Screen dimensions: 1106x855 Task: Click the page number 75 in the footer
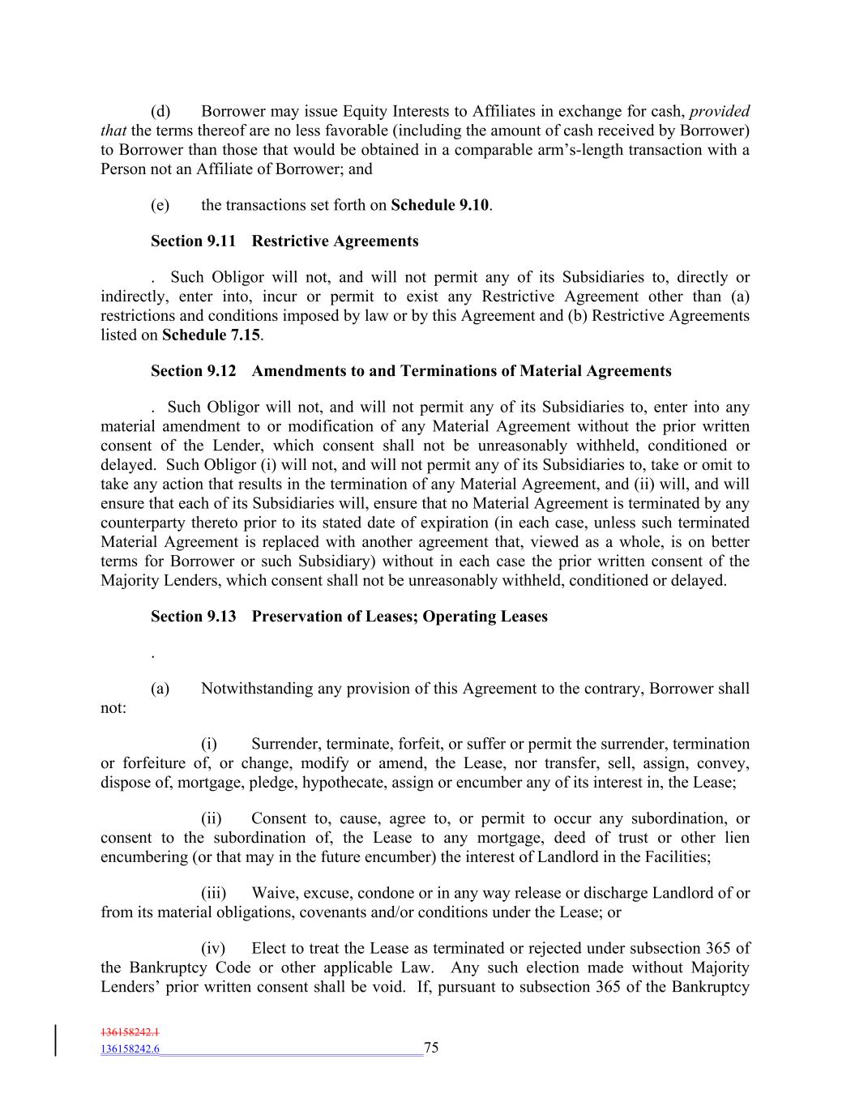pyautogui.click(x=431, y=1048)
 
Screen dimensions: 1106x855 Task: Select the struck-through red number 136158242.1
pyautogui.click(x=130, y=1032)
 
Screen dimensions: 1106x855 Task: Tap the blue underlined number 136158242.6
pyautogui.click(x=130, y=1049)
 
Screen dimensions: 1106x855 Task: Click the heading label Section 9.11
pyautogui.click(x=193, y=241)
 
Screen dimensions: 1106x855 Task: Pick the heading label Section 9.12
pyautogui.click(x=193, y=371)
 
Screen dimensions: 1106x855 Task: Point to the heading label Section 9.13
pyautogui.click(x=193, y=617)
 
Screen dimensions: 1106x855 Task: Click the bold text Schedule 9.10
pyautogui.click(x=440, y=205)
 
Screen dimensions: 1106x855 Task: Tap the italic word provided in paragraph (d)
pyautogui.click(x=719, y=111)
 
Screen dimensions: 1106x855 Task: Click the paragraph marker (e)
pyautogui.click(x=160, y=205)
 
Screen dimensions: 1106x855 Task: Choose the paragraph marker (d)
pyautogui.click(x=160, y=111)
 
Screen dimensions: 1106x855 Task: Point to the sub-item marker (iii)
pyautogui.click(x=213, y=893)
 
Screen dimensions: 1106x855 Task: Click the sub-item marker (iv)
pyautogui.click(x=212, y=948)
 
